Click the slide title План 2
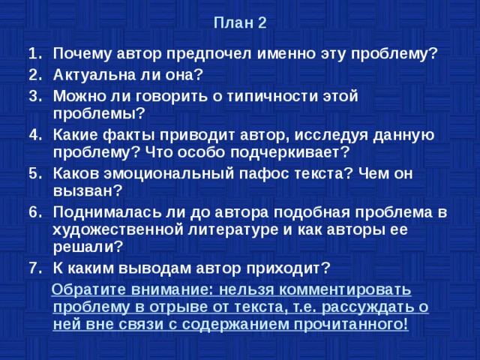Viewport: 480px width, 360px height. click(x=239, y=22)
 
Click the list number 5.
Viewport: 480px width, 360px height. click(x=33, y=172)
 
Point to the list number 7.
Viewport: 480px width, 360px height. click(x=33, y=268)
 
